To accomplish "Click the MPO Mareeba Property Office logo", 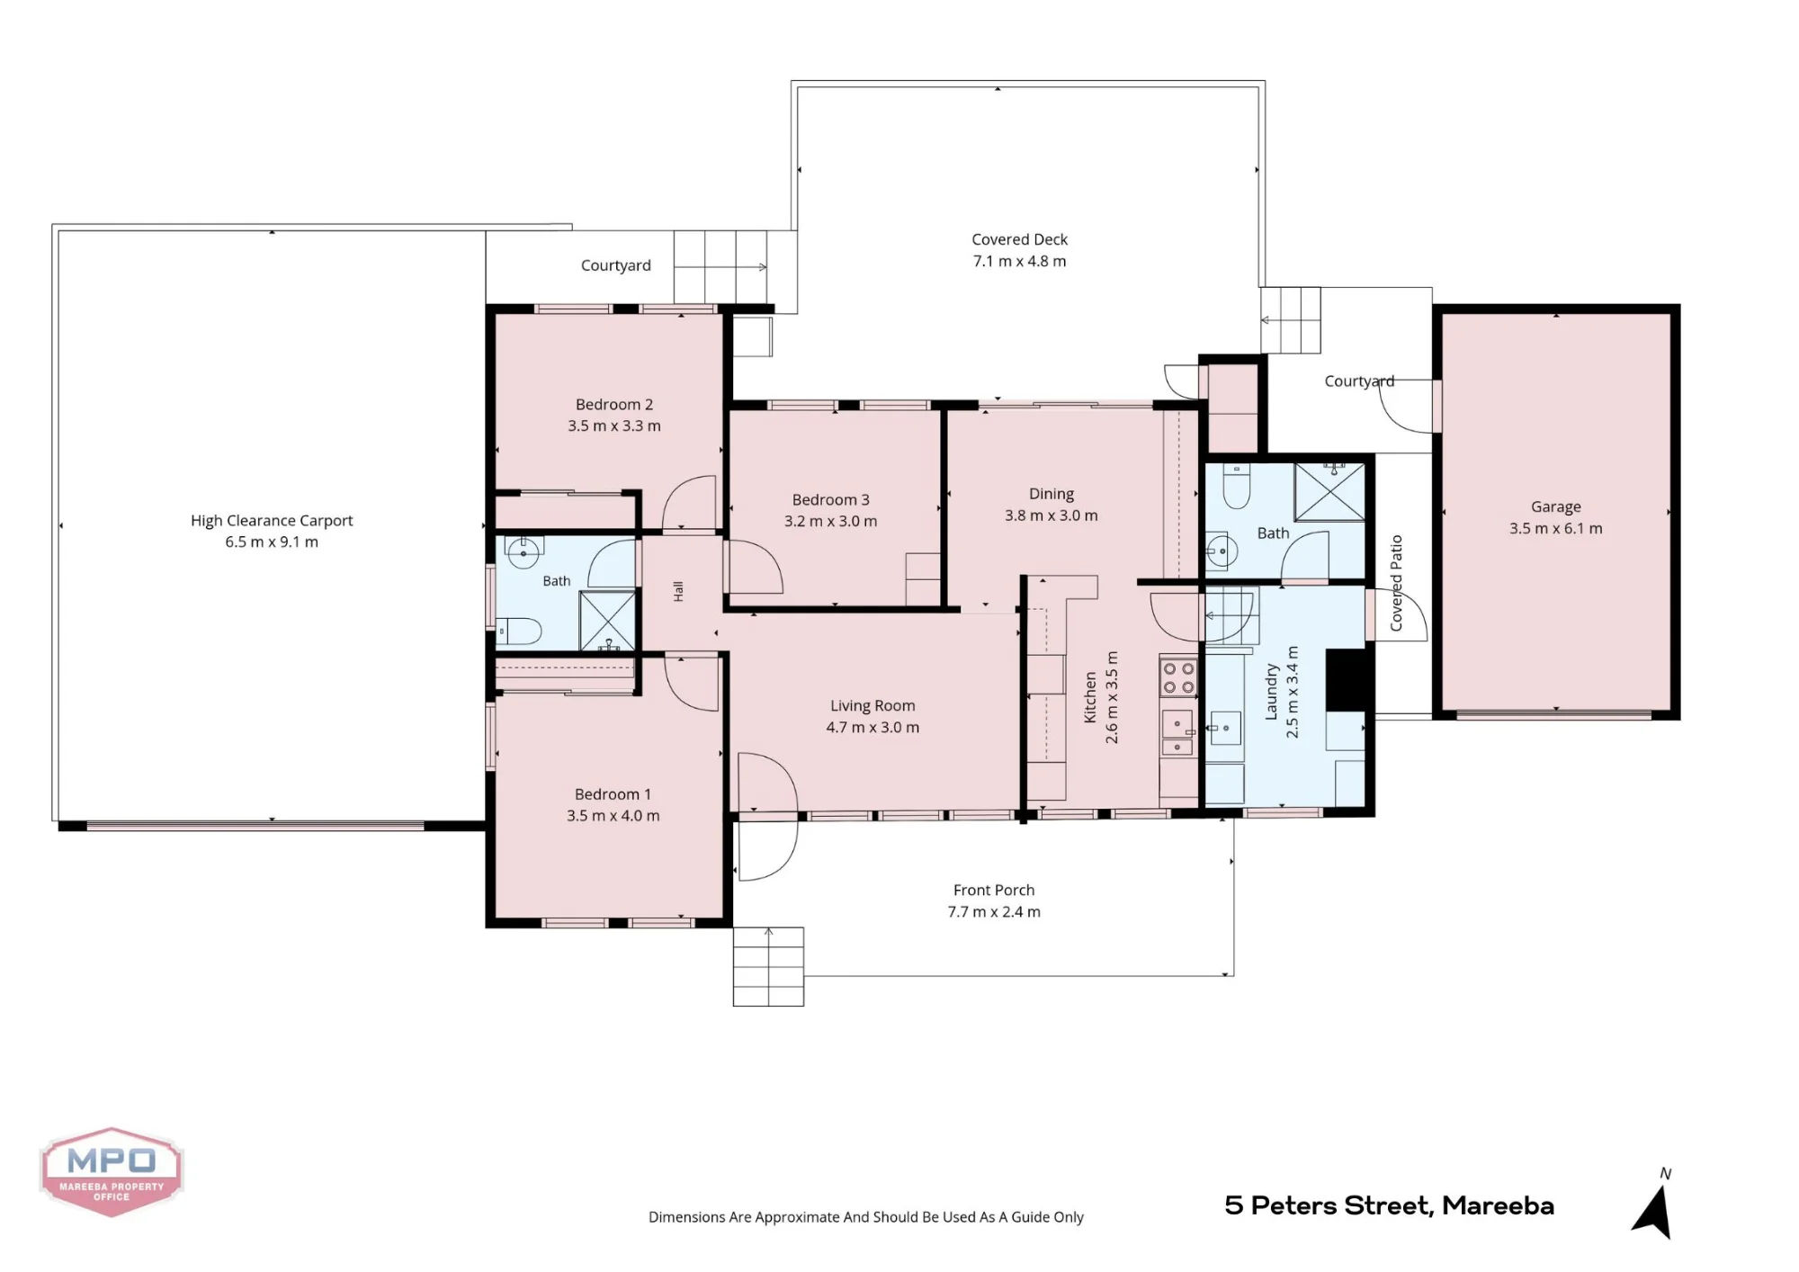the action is click(x=112, y=1172).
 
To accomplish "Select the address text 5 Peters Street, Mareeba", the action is click(x=1389, y=1205).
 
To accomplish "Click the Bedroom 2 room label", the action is click(x=614, y=405).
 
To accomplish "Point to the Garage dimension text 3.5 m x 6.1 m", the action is click(x=1555, y=529).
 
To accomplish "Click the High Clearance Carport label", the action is click(x=272, y=521).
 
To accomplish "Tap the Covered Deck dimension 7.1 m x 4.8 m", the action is click(x=1019, y=262).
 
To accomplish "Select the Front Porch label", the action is click(x=994, y=890).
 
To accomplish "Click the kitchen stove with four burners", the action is click(x=1178, y=678).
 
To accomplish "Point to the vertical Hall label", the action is click(x=678, y=591).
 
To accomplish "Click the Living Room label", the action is click(x=873, y=706).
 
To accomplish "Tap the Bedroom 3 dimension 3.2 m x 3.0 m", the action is click(x=830, y=522).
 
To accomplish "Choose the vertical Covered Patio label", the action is click(x=1396, y=583).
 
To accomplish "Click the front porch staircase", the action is click(x=768, y=966).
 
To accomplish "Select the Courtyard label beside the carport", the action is click(x=615, y=265).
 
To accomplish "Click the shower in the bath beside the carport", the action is click(x=607, y=621).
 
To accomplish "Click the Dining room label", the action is click(x=1052, y=494).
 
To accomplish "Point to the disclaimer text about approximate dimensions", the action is click(x=866, y=1217).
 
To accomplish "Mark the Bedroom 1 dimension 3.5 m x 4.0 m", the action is click(x=613, y=817).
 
